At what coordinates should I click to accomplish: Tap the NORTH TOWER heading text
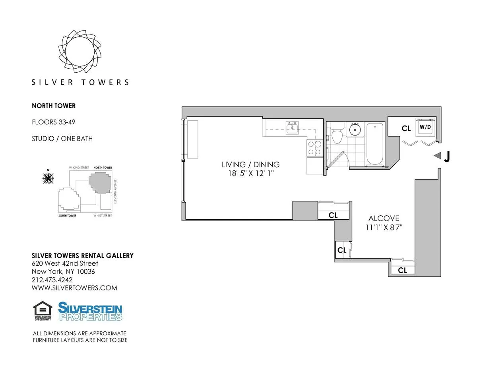click(54, 106)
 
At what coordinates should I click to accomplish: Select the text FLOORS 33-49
click(53, 122)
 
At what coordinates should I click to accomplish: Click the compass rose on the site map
click(48, 179)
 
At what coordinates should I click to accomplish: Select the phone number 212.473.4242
click(52, 280)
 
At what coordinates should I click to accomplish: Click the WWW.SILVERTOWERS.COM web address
click(74, 288)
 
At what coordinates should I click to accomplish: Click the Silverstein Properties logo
click(90, 311)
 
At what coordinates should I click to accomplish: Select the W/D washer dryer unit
click(425, 128)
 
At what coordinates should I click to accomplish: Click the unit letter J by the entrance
click(447, 157)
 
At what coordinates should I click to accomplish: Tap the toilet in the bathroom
click(337, 135)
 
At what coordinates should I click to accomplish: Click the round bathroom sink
click(355, 129)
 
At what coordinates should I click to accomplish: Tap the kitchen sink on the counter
click(294, 127)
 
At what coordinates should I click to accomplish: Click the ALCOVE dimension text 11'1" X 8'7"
click(384, 228)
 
